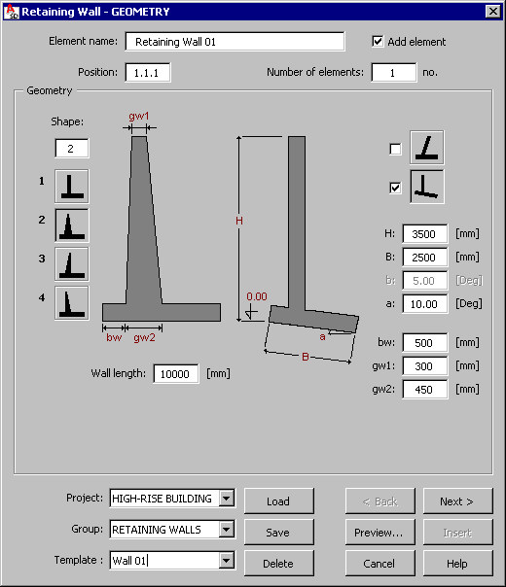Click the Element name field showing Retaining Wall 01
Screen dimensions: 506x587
click(235, 42)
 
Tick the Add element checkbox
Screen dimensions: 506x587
click(378, 41)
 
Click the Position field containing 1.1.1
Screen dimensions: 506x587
click(147, 72)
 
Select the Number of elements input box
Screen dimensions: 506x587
click(393, 72)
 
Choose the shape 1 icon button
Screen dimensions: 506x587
click(72, 186)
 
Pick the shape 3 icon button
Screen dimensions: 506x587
click(72, 264)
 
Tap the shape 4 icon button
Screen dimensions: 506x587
click(72, 303)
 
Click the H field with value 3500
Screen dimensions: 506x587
click(424, 234)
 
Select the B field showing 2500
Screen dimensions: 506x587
click(424, 258)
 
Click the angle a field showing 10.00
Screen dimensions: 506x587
click(424, 303)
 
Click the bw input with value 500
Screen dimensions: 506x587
click(424, 342)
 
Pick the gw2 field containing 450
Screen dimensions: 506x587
click(424, 390)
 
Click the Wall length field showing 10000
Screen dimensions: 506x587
click(176, 373)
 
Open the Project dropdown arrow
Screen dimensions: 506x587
click(227, 499)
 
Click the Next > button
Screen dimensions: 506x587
click(457, 501)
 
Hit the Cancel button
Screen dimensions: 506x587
click(379, 564)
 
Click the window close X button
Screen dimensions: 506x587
click(493, 12)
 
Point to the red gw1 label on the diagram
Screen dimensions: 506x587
click(139, 116)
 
